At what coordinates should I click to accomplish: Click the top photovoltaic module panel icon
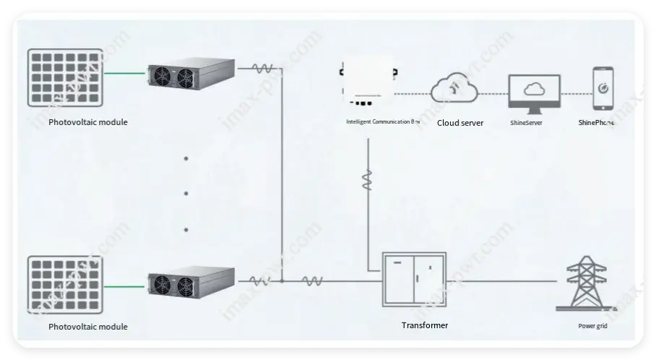point(66,76)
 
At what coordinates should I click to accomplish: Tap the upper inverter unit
point(191,74)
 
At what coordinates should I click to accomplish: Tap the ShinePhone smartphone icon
point(603,90)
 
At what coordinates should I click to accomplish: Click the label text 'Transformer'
point(425,325)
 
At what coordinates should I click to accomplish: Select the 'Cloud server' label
point(460,123)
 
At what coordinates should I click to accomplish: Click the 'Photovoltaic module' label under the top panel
point(88,122)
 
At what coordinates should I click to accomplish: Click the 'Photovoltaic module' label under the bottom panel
point(88,327)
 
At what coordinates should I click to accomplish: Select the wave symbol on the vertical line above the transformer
point(368,180)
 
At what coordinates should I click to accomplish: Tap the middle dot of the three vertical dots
point(186,193)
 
